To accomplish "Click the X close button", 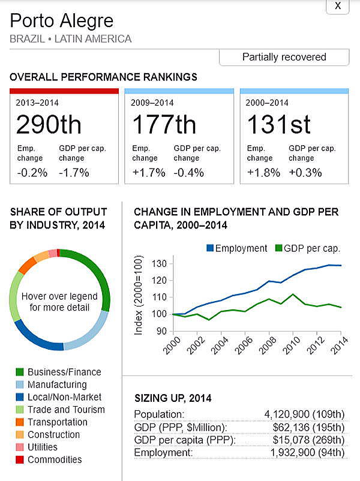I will pyautogui.click(x=338, y=5).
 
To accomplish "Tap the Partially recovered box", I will pyautogui.click(x=284, y=58).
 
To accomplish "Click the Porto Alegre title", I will pyautogui.click(x=61, y=21).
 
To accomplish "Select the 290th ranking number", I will pyautogui.click(x=49, y=125).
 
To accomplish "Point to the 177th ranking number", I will pyautogui.click(x=163, y=125).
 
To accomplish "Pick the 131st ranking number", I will pyautogui.click(x=279, y=125).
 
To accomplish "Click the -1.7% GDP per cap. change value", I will pyautogui.click(x=74, y=173).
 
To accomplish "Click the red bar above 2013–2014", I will pyautogui.click(x=64, y=91).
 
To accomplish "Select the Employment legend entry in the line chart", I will pyautogui.click(x=236, y=248).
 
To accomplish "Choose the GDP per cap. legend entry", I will pyautogui.click(x=307, y=248).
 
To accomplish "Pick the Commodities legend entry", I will pyautogui.click(x=54, y=459).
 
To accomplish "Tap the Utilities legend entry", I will pyautogui.click(x=42, y=447).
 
